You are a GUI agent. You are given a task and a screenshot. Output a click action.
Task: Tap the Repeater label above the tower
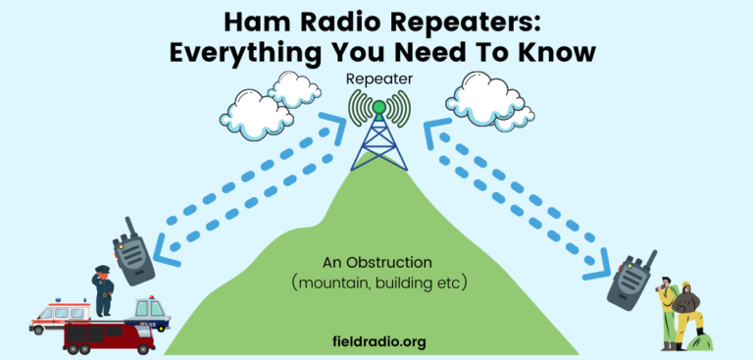376,77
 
